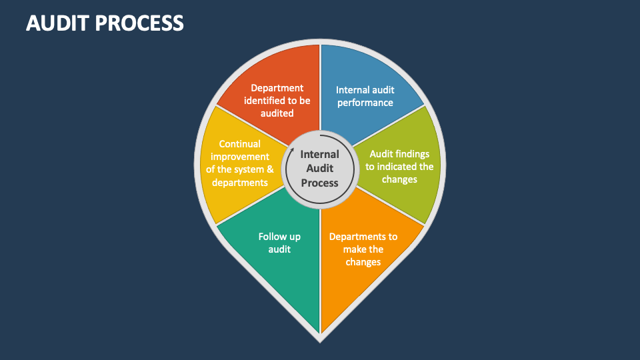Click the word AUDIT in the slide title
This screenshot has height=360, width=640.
point(57,23)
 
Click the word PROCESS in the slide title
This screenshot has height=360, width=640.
point(139,23)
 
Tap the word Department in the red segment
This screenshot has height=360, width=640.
point(277,89)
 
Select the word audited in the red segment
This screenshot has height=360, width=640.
point(277,113)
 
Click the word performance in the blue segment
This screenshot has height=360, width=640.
point(365,103)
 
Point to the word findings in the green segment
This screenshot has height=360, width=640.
point(411,154)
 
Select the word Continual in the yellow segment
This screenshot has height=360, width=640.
point(240,144)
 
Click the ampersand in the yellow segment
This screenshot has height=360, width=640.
point(270,169)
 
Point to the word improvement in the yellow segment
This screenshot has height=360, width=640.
point(240,157)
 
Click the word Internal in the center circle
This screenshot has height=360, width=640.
point(319,154)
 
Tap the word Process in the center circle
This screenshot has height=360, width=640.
point(319,183)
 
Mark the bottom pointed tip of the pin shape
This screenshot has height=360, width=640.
point(320,343)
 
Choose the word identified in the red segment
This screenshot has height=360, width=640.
point(266,101)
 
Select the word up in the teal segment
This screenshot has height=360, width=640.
point(295,237)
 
